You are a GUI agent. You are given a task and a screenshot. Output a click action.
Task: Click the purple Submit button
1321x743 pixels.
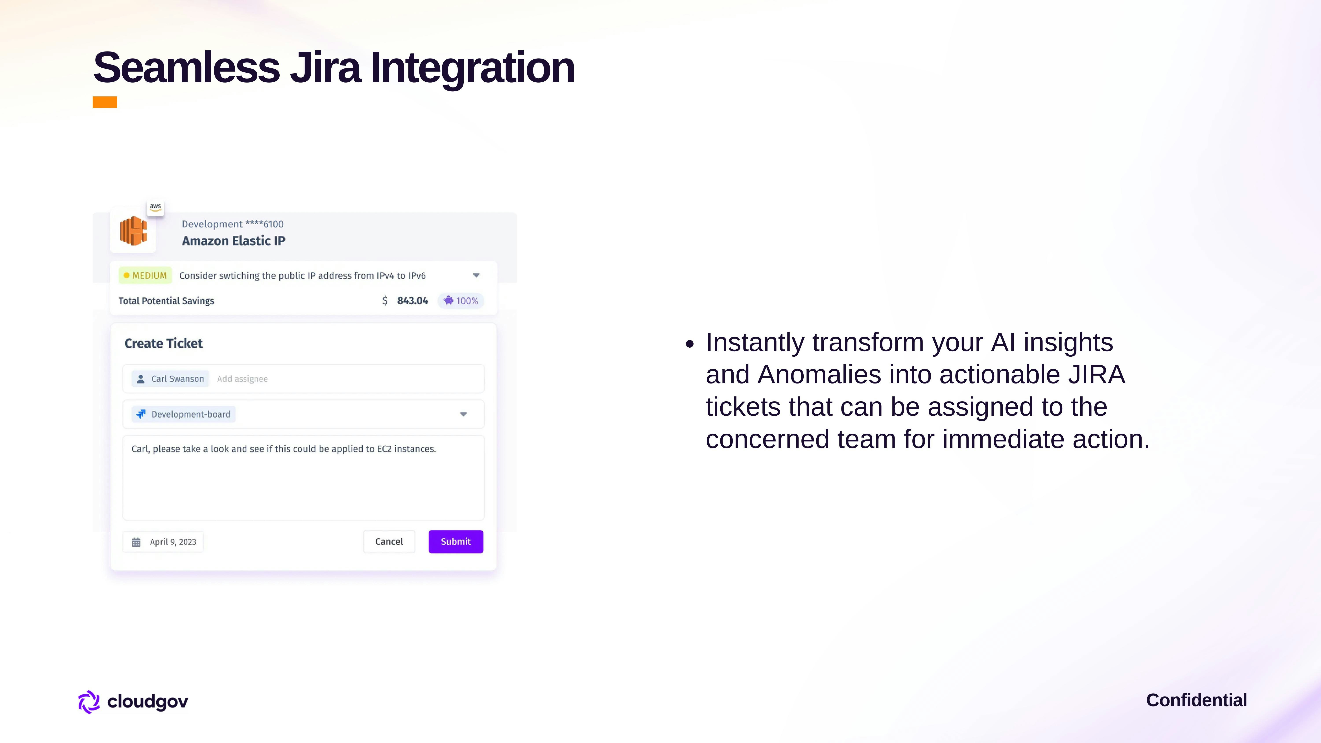(455, 542)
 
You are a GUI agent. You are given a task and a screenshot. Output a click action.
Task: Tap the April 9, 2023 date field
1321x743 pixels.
(163, 542)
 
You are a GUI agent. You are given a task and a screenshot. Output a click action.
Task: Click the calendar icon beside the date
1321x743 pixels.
(136, 542)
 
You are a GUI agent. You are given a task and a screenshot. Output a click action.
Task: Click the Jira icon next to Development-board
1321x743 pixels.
(141, 414)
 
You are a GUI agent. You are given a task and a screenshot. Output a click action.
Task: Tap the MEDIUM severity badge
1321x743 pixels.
(145, 275)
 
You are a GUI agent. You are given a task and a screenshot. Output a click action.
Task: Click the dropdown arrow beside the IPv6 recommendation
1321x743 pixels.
(476, 275)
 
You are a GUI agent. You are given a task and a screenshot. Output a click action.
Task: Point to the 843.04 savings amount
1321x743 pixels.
(412, 301)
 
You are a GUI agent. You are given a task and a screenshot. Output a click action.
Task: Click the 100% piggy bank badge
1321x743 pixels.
(461, 301)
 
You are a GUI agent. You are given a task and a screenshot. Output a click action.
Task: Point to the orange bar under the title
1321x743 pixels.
(105, 102)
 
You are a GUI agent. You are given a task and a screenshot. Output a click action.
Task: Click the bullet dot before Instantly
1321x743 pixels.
(690, 344)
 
